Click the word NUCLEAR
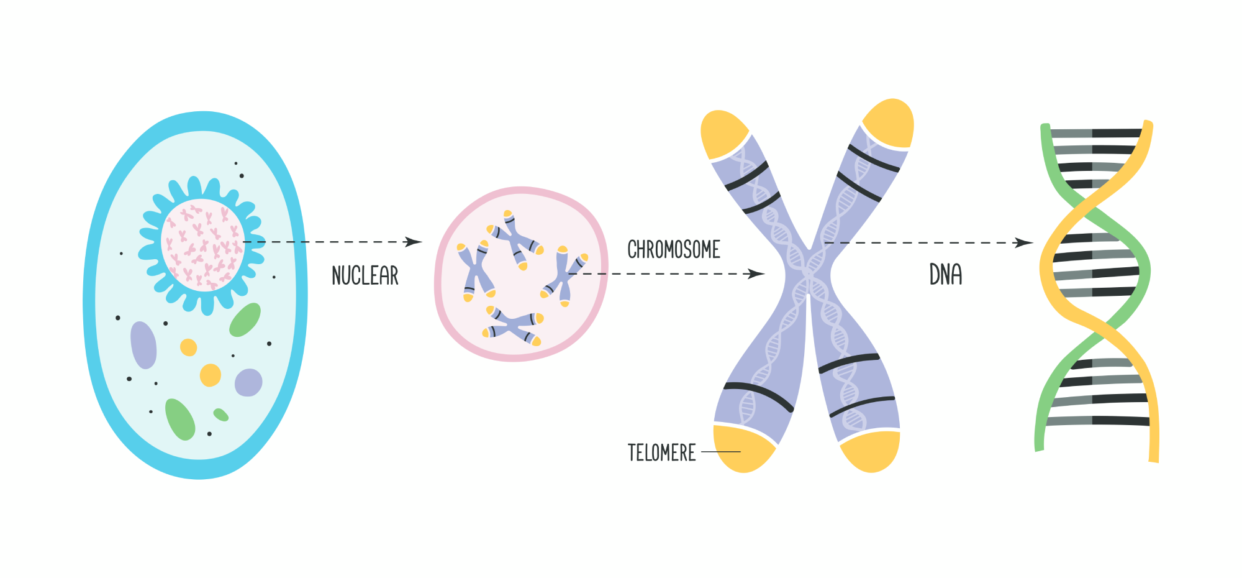[x=365, y=275]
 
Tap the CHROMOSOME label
[x=674, y=249]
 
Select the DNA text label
[x=946, y=274]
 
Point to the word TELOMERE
[x=661, y=452]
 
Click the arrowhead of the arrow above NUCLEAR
[x=414, y=242]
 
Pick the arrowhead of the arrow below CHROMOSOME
[x=756, y=273]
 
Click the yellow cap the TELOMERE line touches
[x=743, y=449]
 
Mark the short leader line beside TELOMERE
[x=721, y=452]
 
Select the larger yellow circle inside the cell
[x=210, y=375]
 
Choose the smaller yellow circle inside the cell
[x=188, y=347]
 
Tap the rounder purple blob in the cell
[x=248, y=383]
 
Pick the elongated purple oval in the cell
[x=143, y=346]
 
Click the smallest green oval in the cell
[x=220, y=415]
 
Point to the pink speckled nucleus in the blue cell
[x=202, y=245]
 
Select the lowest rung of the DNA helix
[x=1098, y=421]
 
